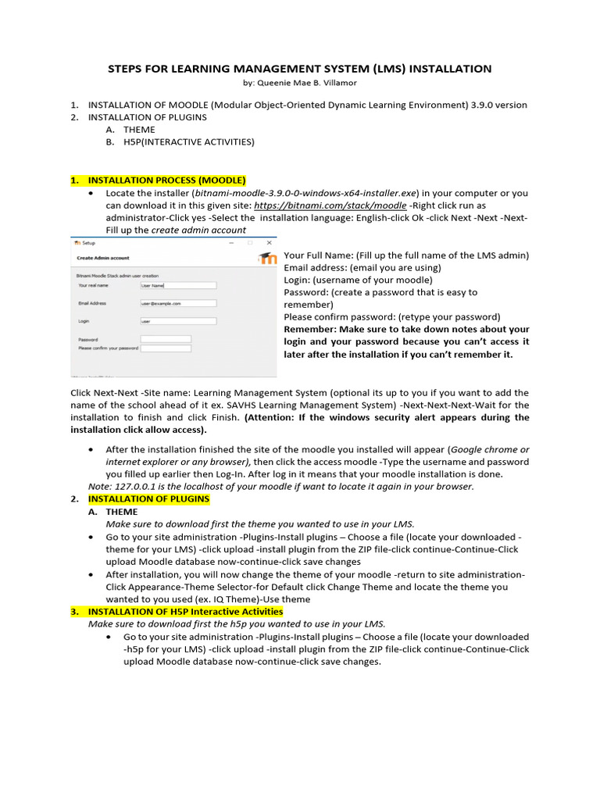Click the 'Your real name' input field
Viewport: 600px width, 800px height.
coord(166,286)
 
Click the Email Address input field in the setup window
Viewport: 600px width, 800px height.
coord(166,303)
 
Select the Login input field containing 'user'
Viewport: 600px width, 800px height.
coord(166,321)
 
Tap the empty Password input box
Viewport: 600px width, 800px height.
coord(165,339)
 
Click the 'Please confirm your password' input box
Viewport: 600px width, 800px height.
coord(165,348)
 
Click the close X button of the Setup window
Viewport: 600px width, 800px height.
coord(269,243)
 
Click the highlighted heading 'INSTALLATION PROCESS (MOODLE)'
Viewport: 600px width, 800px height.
coord(166,180)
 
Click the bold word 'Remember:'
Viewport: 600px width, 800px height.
coord(309,330)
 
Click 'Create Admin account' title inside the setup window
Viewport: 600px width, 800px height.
coord(102,258)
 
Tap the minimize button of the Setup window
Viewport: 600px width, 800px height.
coord(232,243)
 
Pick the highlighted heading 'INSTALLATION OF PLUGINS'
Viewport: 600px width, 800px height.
coord(148,498)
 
